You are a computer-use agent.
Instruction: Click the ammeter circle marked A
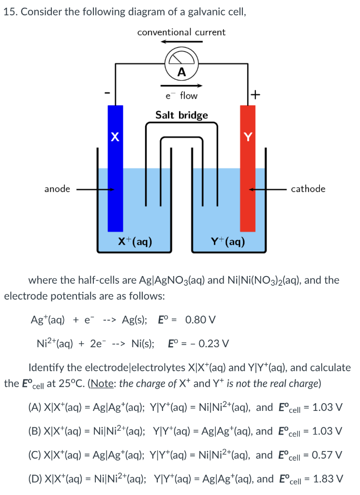(181, 66)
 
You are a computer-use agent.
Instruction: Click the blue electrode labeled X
(115, 169)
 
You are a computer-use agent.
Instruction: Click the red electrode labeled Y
(248, 169)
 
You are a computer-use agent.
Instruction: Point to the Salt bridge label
(181, 115)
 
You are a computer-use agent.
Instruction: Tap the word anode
(57, 189)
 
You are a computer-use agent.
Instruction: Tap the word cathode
(308, 189)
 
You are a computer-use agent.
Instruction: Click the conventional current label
(181, 32)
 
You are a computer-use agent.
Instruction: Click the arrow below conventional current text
(181, 42)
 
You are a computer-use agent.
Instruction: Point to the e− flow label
(181, 96)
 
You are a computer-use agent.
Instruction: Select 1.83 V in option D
(328, 479)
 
